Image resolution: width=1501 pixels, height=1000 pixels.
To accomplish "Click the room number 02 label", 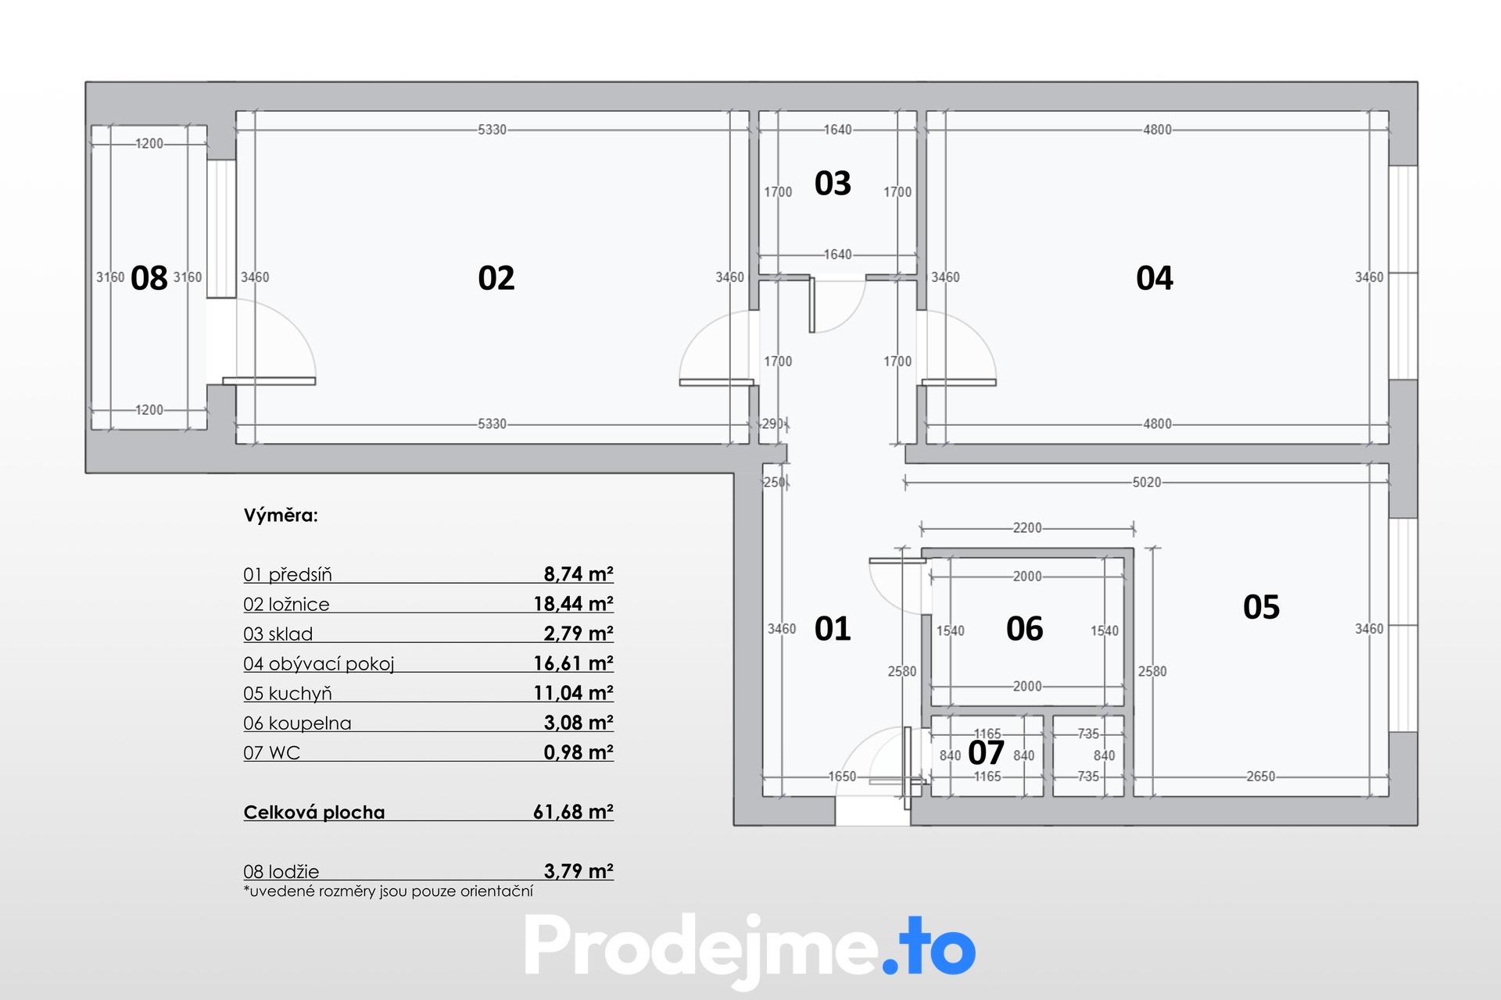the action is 496,278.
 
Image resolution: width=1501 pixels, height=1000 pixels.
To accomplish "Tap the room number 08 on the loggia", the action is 149,278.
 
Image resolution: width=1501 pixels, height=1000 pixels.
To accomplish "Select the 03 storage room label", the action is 833,184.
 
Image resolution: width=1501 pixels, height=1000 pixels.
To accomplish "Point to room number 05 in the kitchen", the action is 1261,607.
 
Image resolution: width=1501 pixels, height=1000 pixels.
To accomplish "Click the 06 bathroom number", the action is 1024,629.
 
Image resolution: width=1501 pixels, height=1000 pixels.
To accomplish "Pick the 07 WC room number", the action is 986,753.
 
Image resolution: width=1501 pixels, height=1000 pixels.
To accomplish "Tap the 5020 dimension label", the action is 1147,483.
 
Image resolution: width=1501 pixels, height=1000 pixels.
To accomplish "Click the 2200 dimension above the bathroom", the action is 1027,528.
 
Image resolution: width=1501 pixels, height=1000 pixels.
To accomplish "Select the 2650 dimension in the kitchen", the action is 1260,777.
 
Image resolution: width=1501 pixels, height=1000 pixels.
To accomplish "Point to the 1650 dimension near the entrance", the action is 842,777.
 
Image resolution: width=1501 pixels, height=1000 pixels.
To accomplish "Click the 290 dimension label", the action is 772,423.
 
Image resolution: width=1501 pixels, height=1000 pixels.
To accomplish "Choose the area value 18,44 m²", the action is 573,604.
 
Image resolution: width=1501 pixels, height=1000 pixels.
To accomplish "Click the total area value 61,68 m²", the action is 573,812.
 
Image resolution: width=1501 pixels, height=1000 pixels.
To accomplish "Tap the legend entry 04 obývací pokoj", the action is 319,664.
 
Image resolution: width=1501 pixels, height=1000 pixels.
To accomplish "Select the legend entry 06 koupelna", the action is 297,723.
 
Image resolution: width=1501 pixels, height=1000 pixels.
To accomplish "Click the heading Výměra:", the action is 281,516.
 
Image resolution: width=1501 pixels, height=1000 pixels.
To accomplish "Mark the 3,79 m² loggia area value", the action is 579,871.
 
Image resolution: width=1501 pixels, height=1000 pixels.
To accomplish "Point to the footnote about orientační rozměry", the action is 389,891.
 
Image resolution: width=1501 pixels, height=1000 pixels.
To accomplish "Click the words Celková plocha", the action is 314,812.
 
